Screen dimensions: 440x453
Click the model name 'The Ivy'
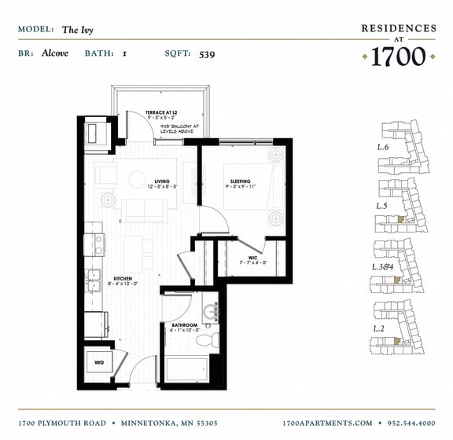tap(76, 30)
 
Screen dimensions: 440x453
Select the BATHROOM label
tap(184, 324)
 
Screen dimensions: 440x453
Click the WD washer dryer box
tap(99, 363)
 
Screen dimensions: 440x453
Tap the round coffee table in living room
tap(139, 178)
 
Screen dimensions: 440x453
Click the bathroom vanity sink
tap(210, 313)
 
